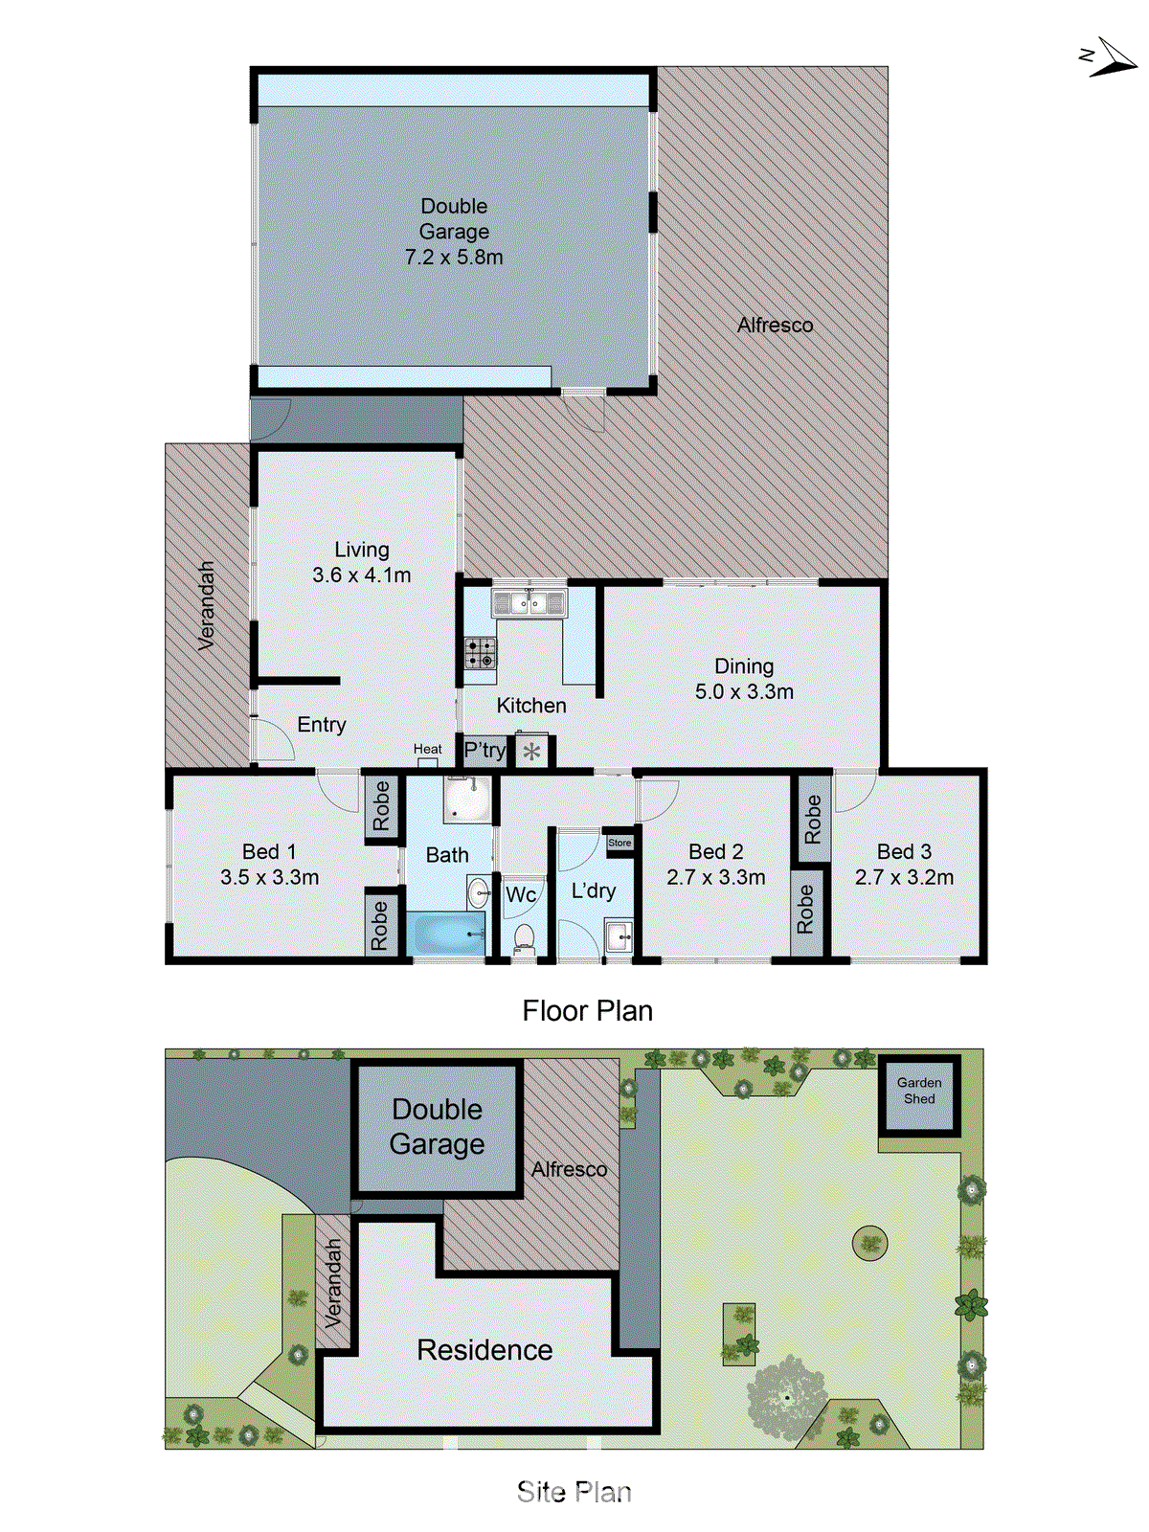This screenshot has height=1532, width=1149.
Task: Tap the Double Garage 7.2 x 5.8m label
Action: click(454, 232)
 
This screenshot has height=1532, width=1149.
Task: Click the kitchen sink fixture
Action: click(529, 603)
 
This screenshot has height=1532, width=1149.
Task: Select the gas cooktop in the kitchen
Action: click(481, 652)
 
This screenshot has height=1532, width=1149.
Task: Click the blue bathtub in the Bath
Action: click(447, 933)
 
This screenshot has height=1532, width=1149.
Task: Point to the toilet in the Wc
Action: click(524, 938)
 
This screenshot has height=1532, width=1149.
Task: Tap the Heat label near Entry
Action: click(428, 749)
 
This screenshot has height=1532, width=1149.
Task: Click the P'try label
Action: click(484, 750)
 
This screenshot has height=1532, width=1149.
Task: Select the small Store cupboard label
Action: click(620, 843)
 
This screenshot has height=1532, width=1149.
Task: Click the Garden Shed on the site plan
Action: click(919, 1092)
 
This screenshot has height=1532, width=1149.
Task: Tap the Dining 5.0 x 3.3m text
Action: click(744, 679)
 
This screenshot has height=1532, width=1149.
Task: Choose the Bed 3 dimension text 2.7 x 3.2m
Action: click(904, 877)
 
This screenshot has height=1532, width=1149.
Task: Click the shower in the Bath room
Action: click(467, 799)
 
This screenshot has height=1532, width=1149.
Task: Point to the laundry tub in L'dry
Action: click(619, 935)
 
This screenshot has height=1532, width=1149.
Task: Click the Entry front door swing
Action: click(273, 739)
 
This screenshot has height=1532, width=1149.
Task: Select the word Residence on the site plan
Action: click(484, 1350)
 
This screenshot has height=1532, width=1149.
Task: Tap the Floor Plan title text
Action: click(587, 1011)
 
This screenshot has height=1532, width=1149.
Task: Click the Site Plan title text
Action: click(574, 1492)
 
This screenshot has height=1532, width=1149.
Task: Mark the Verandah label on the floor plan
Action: click(206, 606)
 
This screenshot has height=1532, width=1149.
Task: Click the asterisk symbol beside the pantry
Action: click(532, 752)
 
